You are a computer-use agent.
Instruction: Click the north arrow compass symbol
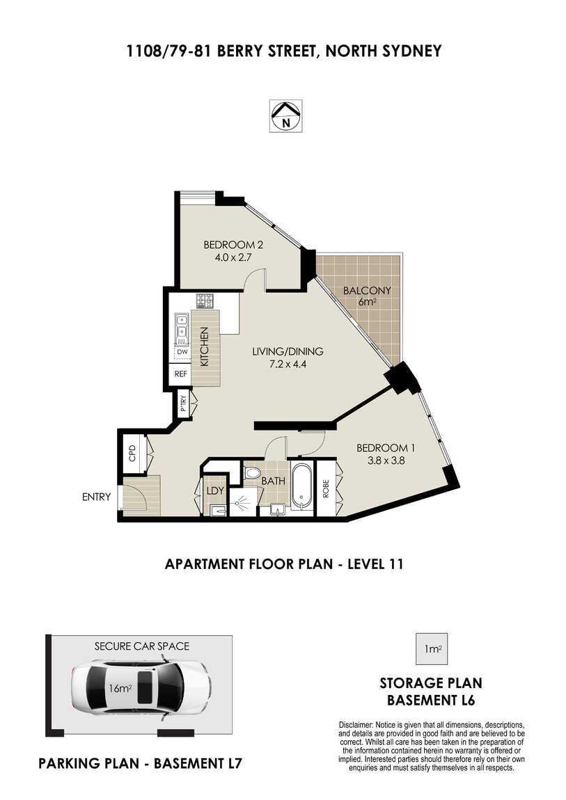[x=286, y=116]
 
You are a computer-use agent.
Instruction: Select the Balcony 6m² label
[x=367, y=296]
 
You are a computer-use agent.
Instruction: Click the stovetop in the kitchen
[x=205, y=301]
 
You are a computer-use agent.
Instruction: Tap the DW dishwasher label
[x=182, y=352]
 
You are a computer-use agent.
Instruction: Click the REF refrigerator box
[x=181, y=374]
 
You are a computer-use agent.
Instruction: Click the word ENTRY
[x=97, y=497]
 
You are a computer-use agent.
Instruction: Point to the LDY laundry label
[x=215, y=491]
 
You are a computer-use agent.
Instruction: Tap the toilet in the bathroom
[x=251, y=472]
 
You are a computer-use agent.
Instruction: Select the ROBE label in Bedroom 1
[x=326, y=489]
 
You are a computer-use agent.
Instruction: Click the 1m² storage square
[x=432, y=649]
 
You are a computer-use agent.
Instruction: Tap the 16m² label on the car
[x=120, y=688]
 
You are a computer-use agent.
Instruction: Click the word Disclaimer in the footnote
[x=356, y=724]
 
